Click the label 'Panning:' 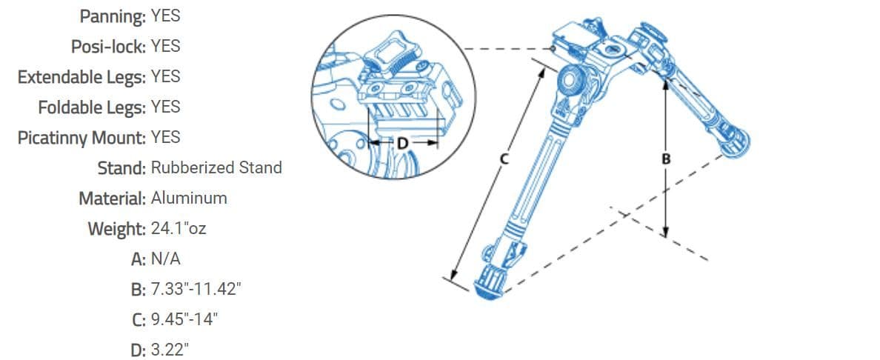113,16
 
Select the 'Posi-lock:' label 108,47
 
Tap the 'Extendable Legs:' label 82,77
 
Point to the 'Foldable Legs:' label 92,107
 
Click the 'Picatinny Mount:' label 82,138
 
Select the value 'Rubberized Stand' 216,167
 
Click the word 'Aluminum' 189,198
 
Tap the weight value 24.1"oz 179,229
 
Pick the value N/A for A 166,259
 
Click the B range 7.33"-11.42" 196,289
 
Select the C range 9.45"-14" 184,319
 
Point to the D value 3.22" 170,350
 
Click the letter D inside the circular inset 402,144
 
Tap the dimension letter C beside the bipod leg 504,159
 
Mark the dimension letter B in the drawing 666,159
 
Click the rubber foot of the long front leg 488,287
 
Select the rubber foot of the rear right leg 736,141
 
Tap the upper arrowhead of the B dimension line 665,84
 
